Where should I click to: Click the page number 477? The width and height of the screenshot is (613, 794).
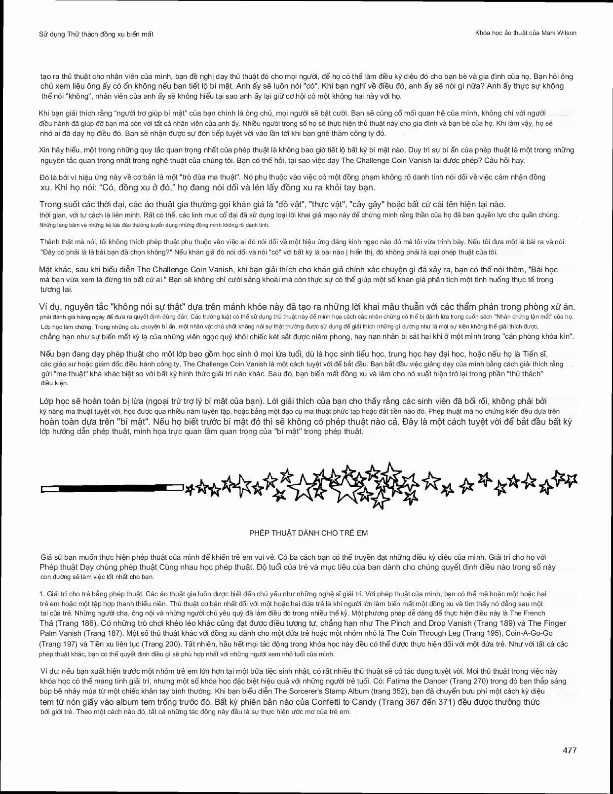point(569,750)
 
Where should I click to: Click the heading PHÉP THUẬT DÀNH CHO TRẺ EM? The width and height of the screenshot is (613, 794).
point(308,533)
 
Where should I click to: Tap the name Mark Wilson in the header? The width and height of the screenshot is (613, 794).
point(559,33)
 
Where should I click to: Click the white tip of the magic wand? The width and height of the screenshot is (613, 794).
point(50,489)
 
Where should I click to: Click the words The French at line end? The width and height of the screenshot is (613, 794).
point(527,614)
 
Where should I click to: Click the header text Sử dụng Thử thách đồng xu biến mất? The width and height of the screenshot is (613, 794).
point(96,34)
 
